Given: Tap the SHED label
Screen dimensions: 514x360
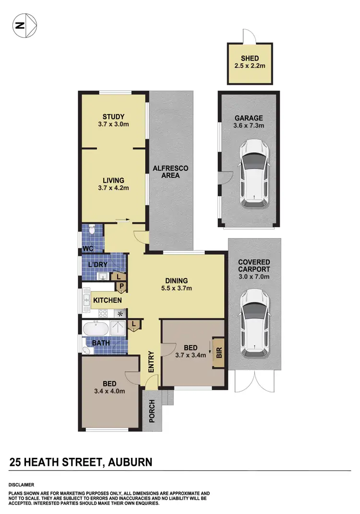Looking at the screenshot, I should coord(250,59).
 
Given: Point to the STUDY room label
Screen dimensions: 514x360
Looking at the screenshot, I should coord(113,117).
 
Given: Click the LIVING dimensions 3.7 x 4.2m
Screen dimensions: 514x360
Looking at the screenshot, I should coord(113,174).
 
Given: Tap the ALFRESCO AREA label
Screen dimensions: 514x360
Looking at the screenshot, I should coord(170,172).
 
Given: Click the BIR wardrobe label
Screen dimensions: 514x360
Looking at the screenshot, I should coord(219,354).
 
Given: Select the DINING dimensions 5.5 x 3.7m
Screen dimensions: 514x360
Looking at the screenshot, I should coord(176,288).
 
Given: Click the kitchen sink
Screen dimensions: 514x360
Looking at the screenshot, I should coord(86,300).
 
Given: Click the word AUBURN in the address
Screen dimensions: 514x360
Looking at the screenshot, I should coord(131,463).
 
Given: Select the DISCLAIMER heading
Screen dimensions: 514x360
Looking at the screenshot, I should coord(21,485).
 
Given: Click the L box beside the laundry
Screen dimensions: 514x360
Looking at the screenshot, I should coord(118,276).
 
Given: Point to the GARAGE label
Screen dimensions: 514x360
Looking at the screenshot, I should coord(248,118).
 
